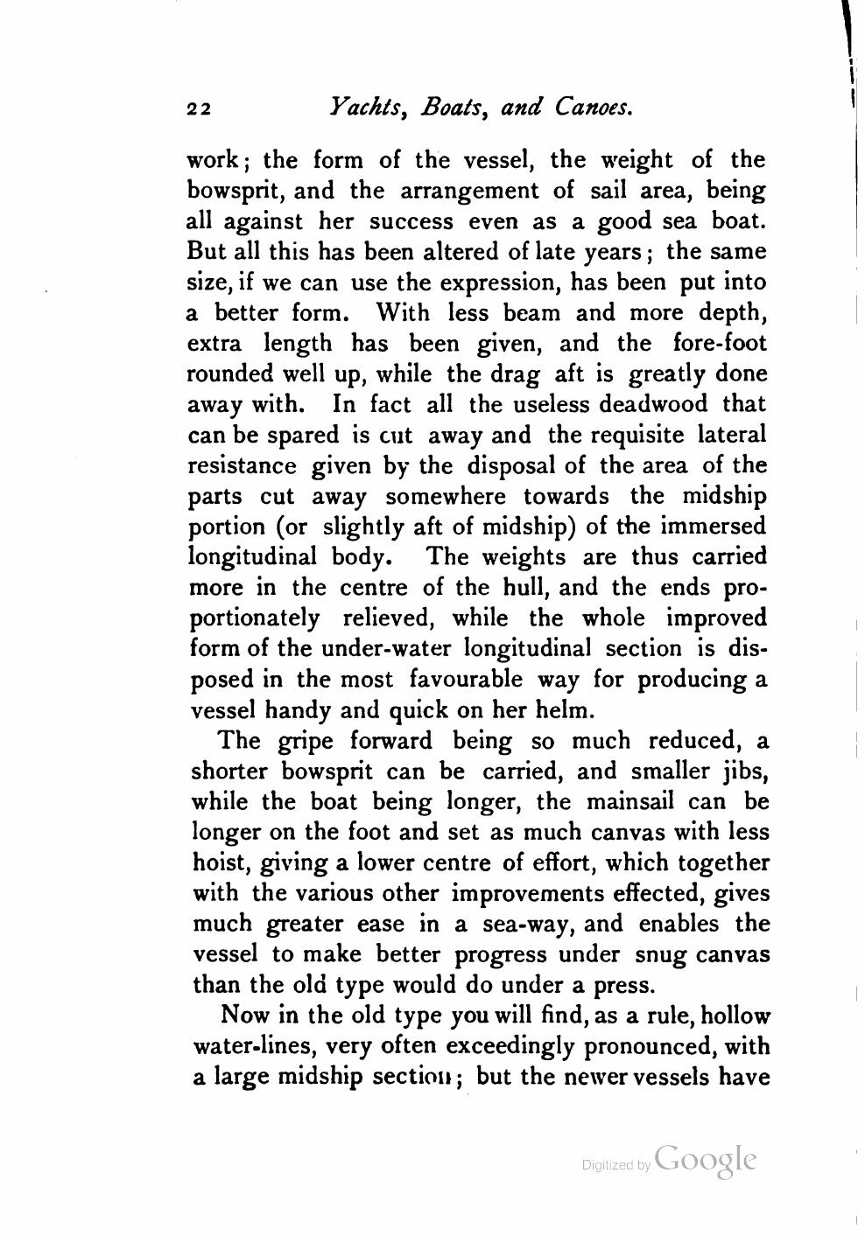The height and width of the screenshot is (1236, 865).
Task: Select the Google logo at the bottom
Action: [705, 1159]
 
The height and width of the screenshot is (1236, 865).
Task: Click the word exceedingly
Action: [510, 1047]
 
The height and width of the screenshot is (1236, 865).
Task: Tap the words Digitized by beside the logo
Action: [615, 1165]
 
